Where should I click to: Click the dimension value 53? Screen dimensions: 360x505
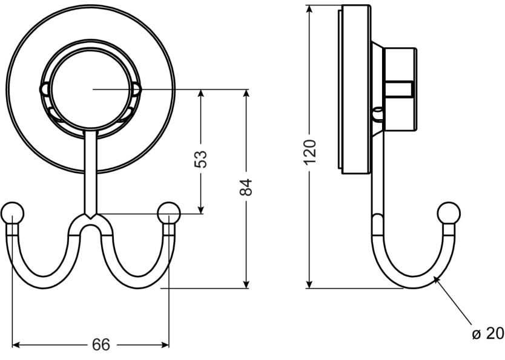tap(202, 159)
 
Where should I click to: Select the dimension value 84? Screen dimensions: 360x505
tap(245, 188)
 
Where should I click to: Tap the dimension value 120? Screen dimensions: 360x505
tap(309, 152)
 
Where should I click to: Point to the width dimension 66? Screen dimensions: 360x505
tap(101, 345)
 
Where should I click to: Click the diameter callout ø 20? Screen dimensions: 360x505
tap(487, 334)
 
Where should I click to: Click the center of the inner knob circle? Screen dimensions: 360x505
tap(91, 90)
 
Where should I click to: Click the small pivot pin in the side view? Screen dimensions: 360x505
tap(378, 113)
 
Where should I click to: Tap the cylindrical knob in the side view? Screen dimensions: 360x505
tap(400, 89)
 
